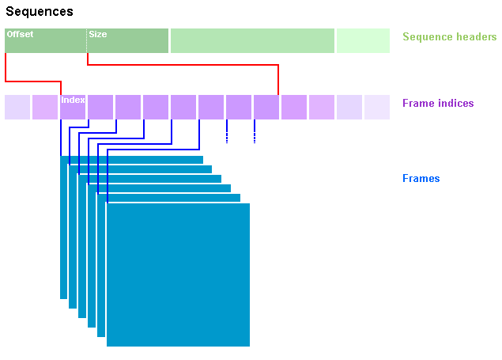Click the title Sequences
(x=40, y=12)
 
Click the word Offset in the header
(x=20, y=34)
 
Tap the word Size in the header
(x=98, y=34)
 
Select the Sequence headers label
(x=450, y=37)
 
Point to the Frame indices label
(x=438, y=103)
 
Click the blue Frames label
(x=421, y=178)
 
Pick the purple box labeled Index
(x=73, y=107)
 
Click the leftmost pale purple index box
(x=17, y=107)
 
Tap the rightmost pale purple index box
(x=377, y=107)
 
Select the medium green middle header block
(x=252, y=40)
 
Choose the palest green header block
(x=363, y=40)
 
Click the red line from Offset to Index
(x=33, y=81)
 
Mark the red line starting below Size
(x=183, y=65)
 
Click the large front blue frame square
(x=178, y=275)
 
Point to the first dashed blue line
(x=227, y=131)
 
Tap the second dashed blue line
(x=255, y=131)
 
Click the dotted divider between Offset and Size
(x=86, y=40)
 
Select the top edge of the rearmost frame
(x=131, y=157)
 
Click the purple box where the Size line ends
(x=266, y=107)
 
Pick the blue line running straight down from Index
(x=61, y=138)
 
